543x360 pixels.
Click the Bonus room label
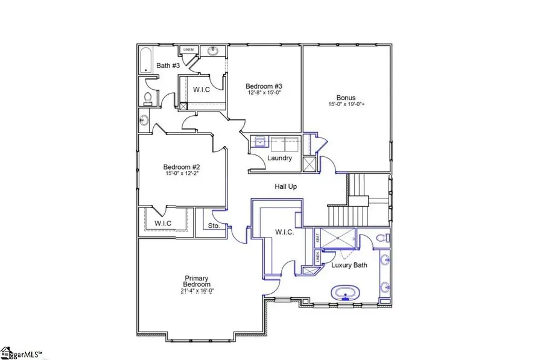tap(346, 98)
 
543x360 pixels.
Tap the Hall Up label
tap(286, 187)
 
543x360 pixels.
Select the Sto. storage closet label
tap(213, 227)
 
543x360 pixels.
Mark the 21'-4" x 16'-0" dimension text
tap(197, 291)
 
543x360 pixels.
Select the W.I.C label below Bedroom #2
tap(163, 223)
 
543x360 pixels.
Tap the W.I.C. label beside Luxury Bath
tap(284, 232)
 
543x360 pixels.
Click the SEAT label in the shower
tap(318, 239)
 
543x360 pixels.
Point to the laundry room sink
tap(259, 142)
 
